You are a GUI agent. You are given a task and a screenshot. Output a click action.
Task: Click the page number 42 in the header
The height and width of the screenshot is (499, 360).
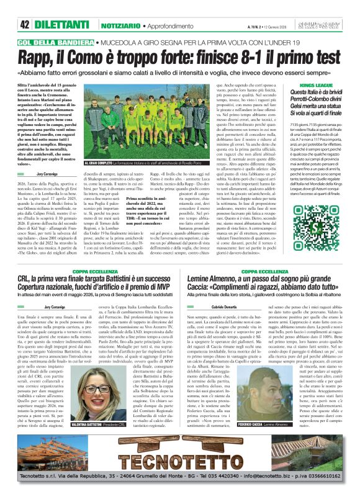coord(25,7)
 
